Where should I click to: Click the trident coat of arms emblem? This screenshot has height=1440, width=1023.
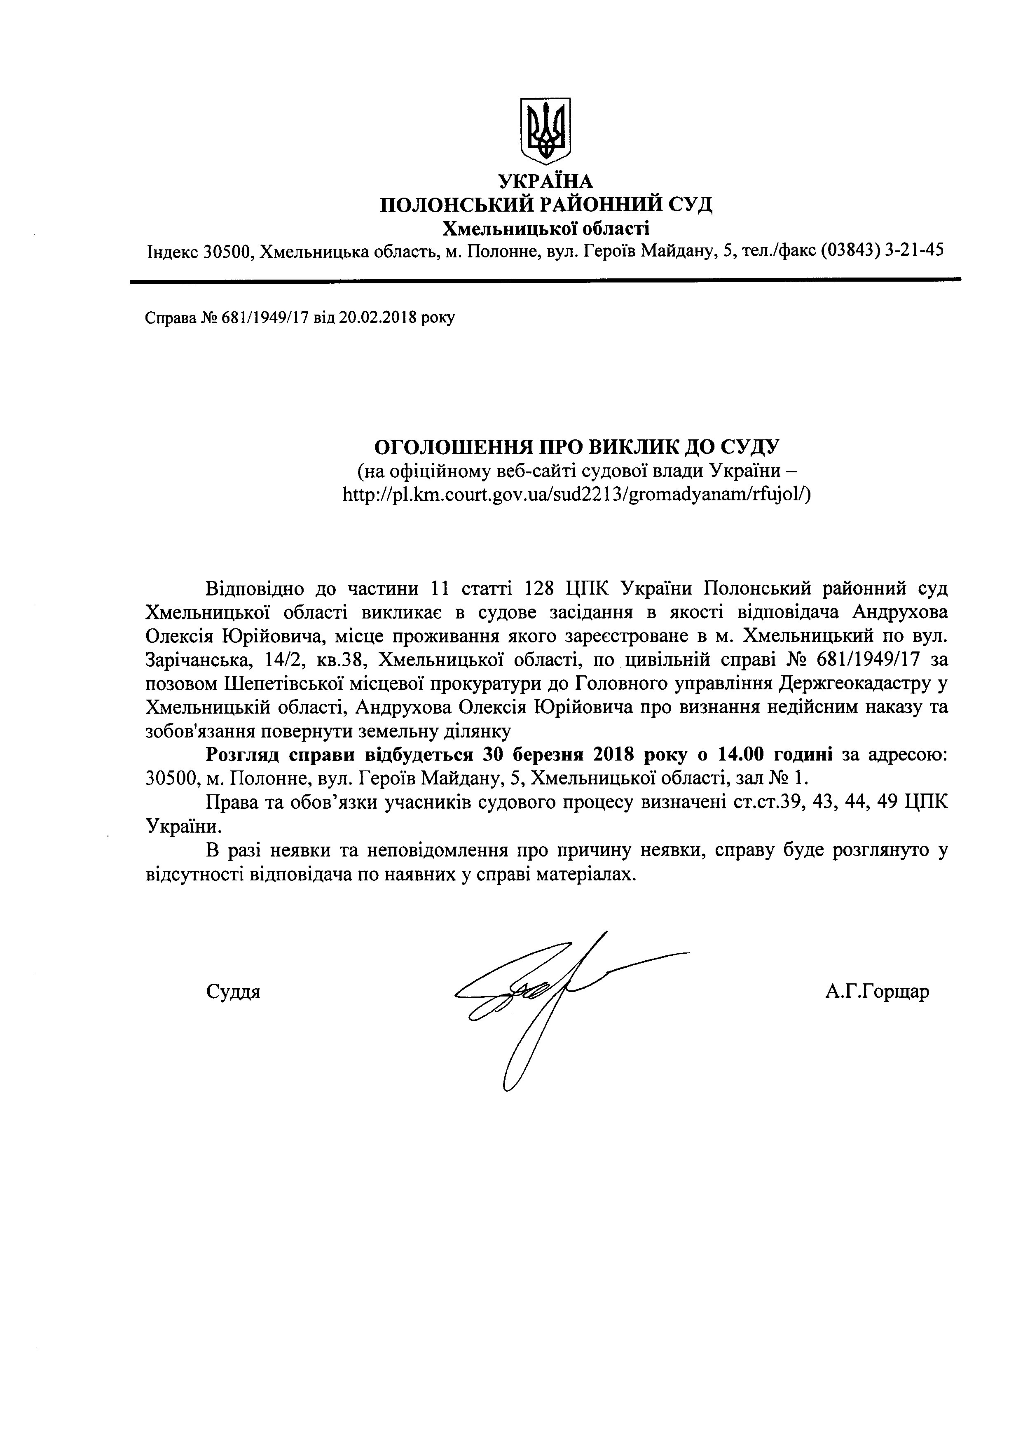click(x=545, y=132)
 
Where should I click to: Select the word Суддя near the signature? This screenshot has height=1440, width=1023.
click(x=233, y=992)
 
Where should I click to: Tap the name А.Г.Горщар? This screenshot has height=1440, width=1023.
click(x=876, y=992)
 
